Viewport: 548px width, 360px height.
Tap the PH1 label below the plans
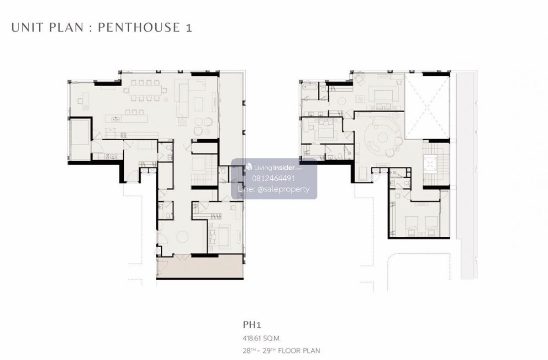[x=252, y=325]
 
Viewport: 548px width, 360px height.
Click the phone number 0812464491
[x=274, y=178]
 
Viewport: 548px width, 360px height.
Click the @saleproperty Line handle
[x=284, y=189]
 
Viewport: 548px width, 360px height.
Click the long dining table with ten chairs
[x=145, y=90]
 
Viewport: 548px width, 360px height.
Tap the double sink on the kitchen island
[x=116, y=119]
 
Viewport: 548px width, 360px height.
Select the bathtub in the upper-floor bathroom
[x=310, y=87]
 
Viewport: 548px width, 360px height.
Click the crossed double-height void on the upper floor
[x=427, y=107]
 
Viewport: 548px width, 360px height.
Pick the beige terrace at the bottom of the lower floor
[x=200, y=266]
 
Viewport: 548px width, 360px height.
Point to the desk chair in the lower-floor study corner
[x=80, y=101]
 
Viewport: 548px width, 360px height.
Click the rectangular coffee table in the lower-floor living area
[x=199, y=104]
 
